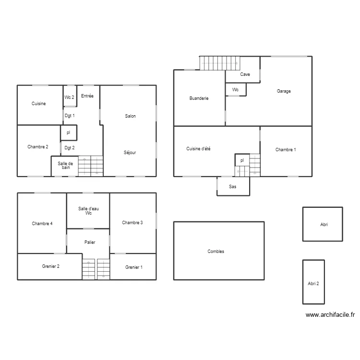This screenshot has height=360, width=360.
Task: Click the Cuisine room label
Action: [x=39, y=104]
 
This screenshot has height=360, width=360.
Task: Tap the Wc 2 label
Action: [x=70, y=97]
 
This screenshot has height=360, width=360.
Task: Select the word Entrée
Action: [x=87, y=96]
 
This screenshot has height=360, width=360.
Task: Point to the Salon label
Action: [x=130, y=116]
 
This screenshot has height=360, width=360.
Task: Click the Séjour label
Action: [x=130, y=153]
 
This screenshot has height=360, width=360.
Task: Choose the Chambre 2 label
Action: [x=38, y=147]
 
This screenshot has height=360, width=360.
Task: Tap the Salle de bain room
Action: [x=65, y=166]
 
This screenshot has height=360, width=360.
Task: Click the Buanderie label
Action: [x=199, y=98]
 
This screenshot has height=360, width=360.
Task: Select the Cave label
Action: [x=245, y=74]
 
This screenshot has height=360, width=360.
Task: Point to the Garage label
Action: [x=284, y=91]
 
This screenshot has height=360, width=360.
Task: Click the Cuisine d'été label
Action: [x=198, y=149]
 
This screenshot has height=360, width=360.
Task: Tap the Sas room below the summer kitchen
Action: [x=233, y=186]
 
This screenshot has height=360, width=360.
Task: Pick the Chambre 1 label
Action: [x=286, y=150]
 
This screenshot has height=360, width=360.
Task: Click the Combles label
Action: [x=216, y=252]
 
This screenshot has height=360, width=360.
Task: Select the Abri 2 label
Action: [x=313, y=283]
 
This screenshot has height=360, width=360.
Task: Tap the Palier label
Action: [x=89, y=242]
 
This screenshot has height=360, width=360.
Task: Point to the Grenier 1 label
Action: [x=134, y=267]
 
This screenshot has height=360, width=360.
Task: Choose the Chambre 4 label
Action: [x=42, y=223]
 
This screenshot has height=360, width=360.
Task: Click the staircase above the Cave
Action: [x=220, y=63]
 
